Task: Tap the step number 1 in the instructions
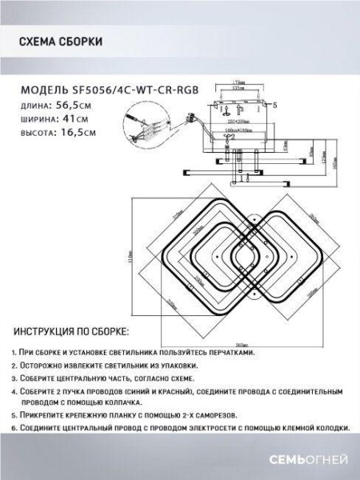(14, 352)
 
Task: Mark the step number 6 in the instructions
(14, 428)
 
